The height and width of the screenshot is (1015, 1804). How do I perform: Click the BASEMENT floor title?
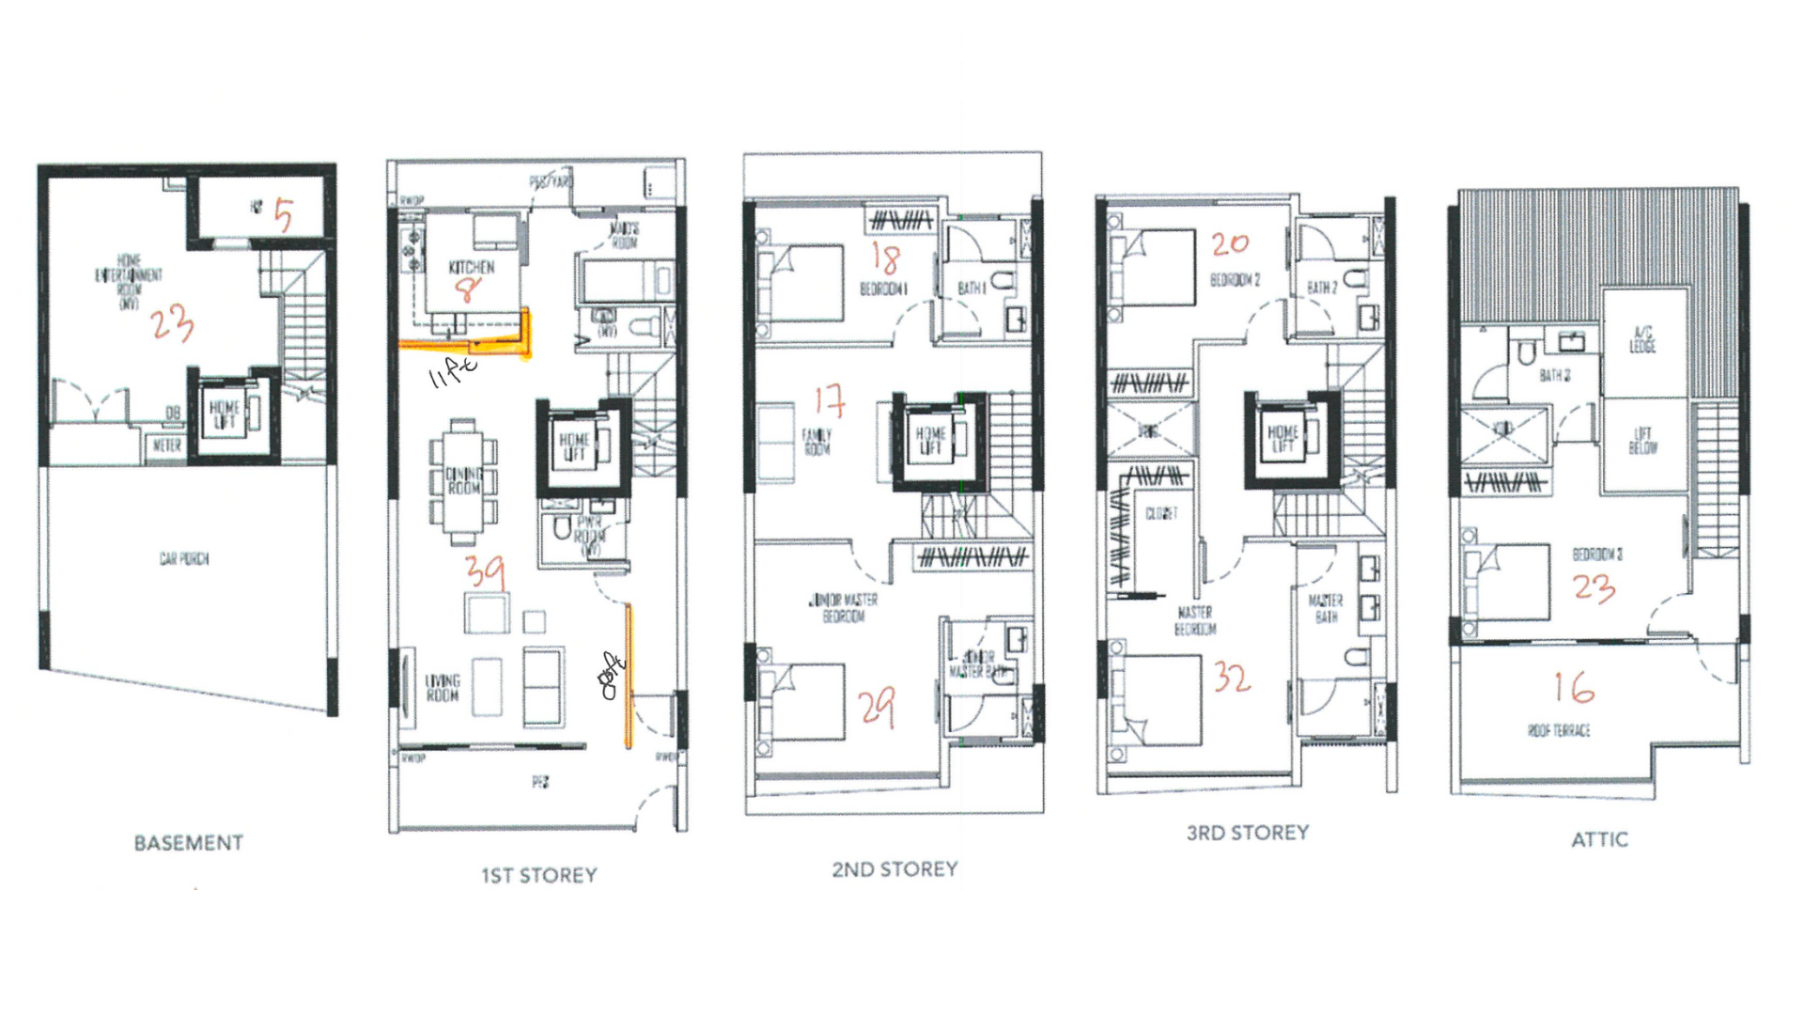[x=188, y=843]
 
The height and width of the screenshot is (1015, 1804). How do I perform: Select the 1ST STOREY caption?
[x=539, y=875]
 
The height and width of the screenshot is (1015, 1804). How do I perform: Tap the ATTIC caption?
[x=1599, y=839]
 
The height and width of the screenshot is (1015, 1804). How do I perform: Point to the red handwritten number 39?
[x=485, y=570]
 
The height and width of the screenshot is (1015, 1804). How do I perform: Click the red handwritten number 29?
[x=877, y=707]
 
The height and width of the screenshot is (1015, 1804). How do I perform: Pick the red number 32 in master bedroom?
[x=1231, y=677]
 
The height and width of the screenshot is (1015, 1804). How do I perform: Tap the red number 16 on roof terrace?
[x=1574, y=687]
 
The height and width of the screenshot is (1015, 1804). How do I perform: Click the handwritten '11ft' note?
[x=452, y=372]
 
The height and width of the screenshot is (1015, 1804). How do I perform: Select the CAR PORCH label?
[x=184, y=559]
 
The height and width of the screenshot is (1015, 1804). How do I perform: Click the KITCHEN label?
[x=471, y=268]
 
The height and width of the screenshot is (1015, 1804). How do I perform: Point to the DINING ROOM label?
[x=463, y=481]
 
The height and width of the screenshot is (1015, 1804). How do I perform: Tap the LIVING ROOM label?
[x=443, y=687]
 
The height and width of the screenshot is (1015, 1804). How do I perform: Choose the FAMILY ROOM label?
[x=816, y=442]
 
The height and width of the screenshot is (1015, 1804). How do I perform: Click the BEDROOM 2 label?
[x=1235, y=280]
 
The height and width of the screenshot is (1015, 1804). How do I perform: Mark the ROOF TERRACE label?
[x=1559, y=730]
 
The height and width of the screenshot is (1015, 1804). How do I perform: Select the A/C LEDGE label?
[x=1642, y=340]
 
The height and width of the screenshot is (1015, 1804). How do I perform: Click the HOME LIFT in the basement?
[x=224, y=414]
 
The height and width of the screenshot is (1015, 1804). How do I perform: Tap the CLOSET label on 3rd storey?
[x=1161, y=513]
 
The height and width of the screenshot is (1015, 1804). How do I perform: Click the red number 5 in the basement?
[x=283, y=216]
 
